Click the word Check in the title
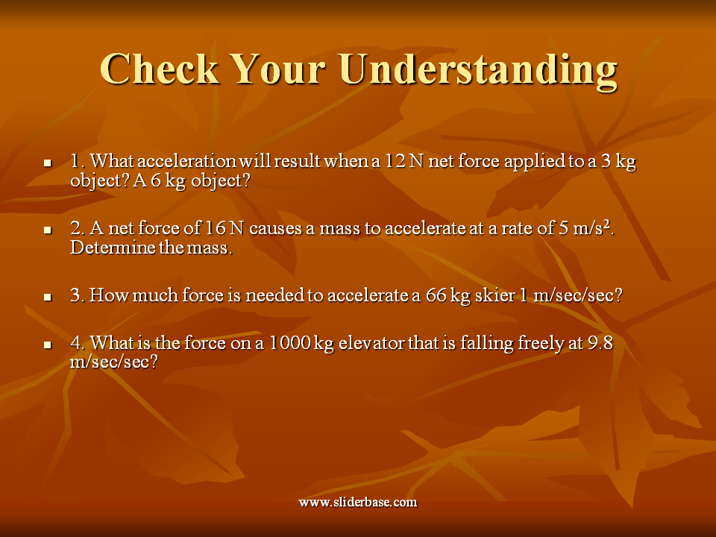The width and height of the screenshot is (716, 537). pos(160,69)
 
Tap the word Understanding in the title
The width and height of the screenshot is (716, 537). pos(478,72)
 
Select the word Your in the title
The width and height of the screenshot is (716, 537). pos(280,69)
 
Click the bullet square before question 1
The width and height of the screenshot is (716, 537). pos(48,163)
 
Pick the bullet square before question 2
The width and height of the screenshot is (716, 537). pos(48,230)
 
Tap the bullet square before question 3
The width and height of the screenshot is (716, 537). pos(48,298)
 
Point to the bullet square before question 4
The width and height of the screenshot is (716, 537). pos(48,345)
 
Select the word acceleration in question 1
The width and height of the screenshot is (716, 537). pos(186,161)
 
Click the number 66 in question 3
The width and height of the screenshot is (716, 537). pos(436,295)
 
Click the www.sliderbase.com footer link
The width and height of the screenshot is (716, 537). pos(358,502)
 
